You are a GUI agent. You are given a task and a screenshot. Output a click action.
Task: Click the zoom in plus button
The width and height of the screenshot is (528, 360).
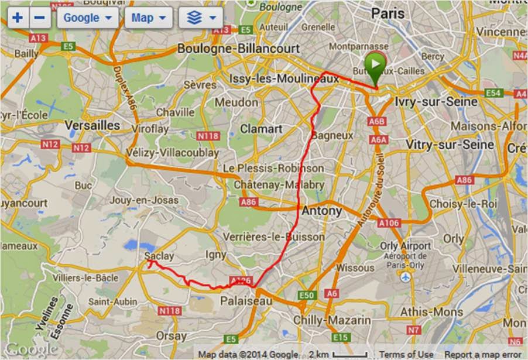(x=18, y=18)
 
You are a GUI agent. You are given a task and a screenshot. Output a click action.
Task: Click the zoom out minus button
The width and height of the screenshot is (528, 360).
(x=39, y=18)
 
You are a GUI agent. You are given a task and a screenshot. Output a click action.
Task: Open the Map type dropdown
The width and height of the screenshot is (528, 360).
(x=149, y=18)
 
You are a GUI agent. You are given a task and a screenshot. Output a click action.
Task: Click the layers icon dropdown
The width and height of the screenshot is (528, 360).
(x=201, y=18)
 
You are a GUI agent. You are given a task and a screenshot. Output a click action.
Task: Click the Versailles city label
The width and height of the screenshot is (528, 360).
(x=92, y=125)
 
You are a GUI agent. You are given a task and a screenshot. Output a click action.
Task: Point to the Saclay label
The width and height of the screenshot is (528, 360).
(x=158, y=256)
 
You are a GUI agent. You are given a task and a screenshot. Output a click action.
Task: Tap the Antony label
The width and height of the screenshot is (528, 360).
(x=321, y=211)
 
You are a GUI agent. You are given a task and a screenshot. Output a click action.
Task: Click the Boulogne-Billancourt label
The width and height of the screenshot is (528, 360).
(x=238, y=49)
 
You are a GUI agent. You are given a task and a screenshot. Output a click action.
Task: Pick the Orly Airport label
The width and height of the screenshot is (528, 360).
(x=405, y=246)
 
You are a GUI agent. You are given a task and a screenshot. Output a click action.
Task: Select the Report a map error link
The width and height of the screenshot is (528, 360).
(x=482, y=354)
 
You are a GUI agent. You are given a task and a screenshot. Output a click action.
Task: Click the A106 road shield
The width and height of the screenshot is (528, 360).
(x=388, y=223)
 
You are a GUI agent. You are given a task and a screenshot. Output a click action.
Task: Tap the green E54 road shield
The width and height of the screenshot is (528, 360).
(x=493, y=93)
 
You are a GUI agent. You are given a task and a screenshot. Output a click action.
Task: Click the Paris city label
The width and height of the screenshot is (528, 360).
(x=388, y=13)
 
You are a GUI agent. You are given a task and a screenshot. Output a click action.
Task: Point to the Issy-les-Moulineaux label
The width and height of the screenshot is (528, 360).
(x=284, y=78)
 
